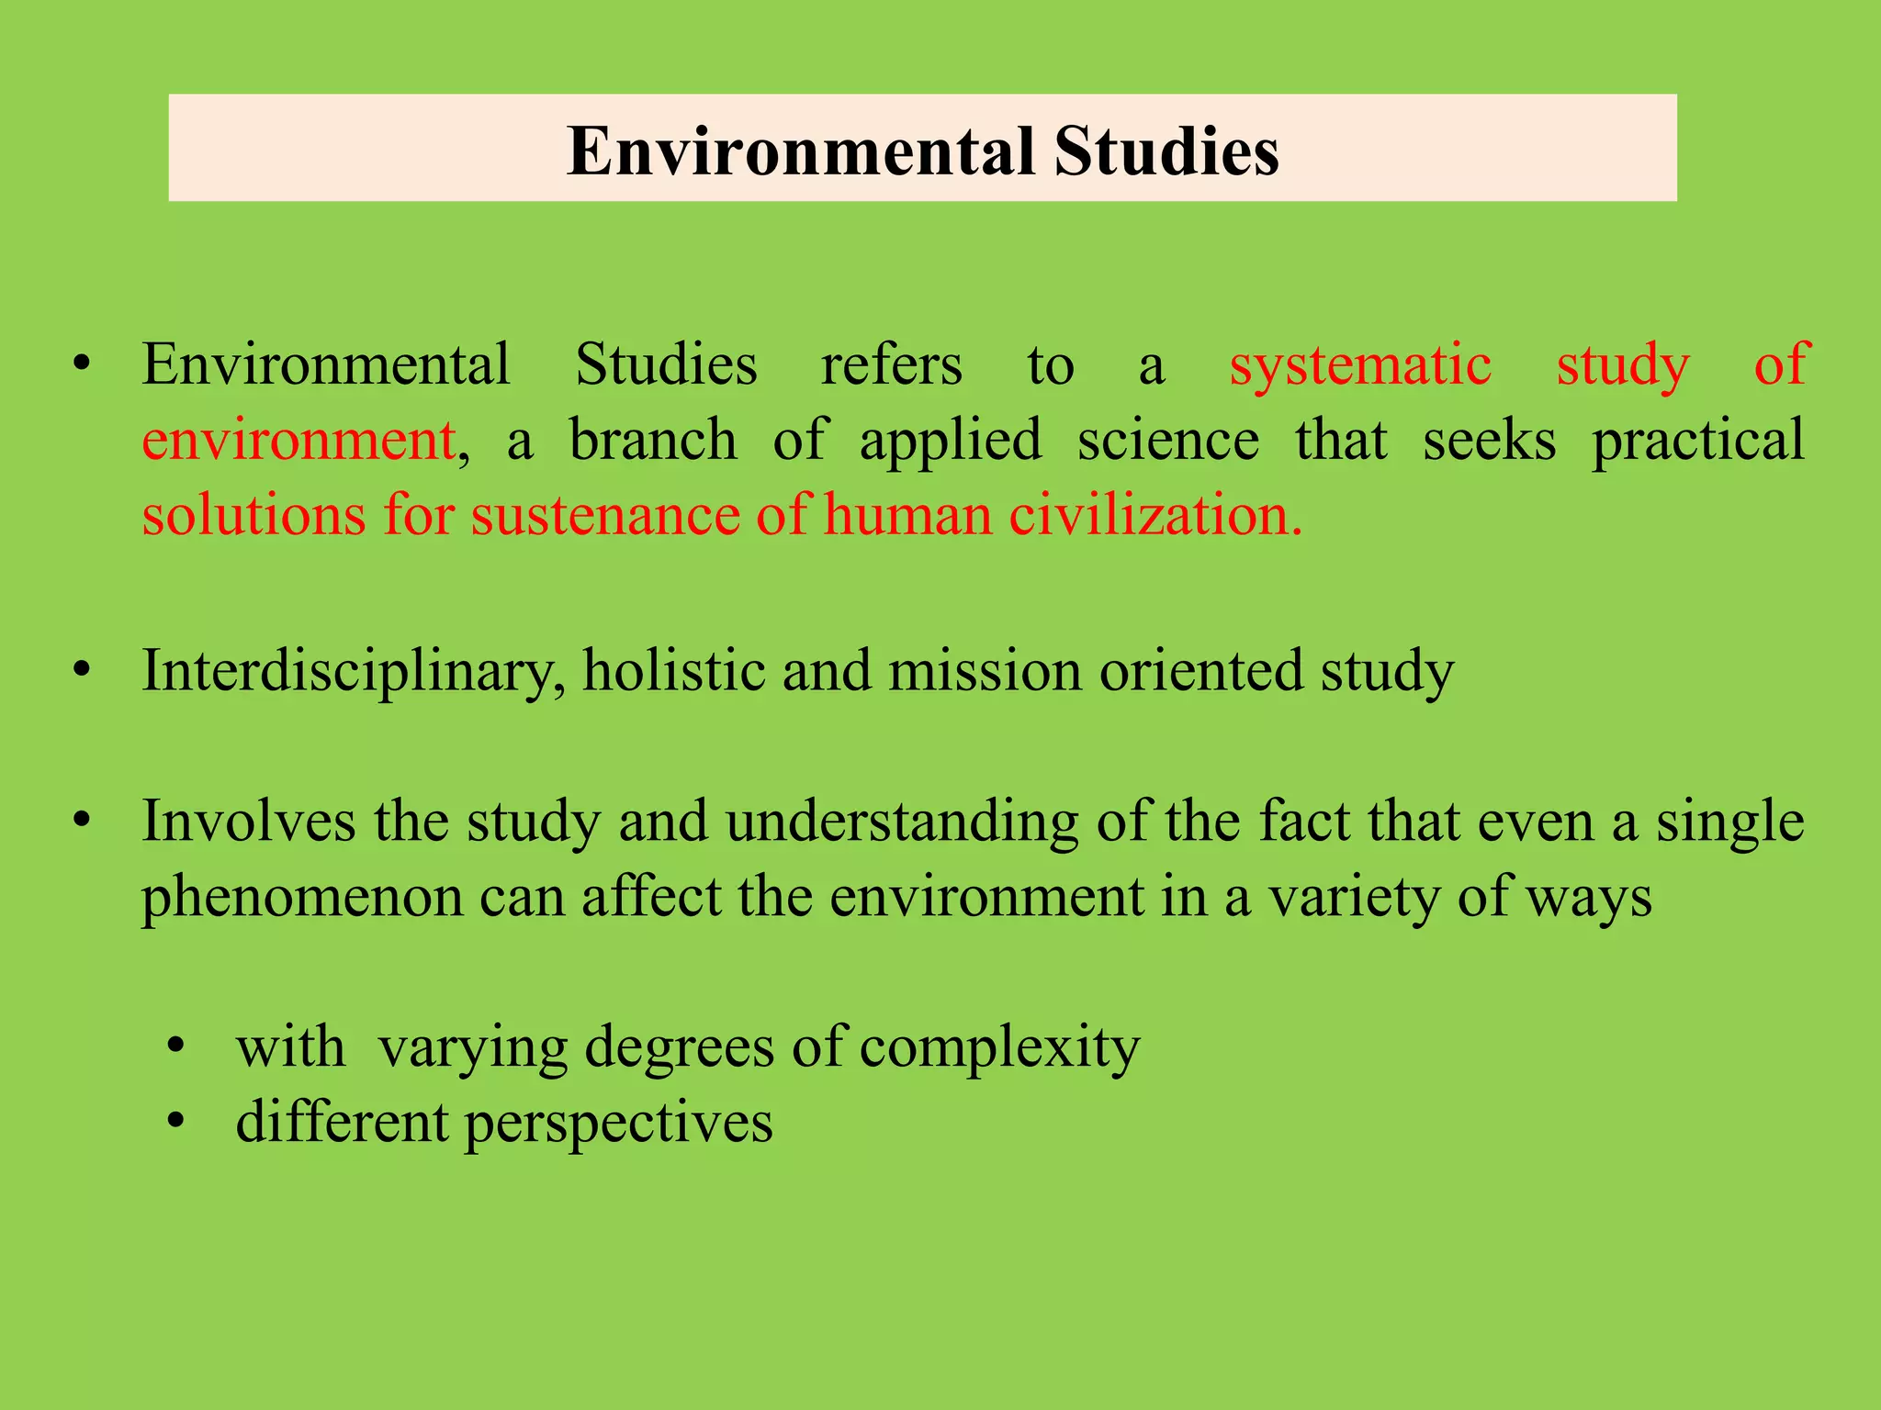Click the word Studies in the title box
coord(1166,151)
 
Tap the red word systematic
coord(1360,364)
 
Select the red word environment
coord(298,440)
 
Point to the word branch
coord(653,440)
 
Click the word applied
coord(951,442)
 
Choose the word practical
coord(1697,442)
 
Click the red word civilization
coord(1155,515)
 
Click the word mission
coord(985,671)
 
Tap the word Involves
coord(248,821)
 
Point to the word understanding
coord(902,822)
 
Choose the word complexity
coord(999,1047)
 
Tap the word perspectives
coord(618,1124)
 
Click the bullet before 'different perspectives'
coord(176,1122)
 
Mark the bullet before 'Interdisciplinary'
coord(83,671)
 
